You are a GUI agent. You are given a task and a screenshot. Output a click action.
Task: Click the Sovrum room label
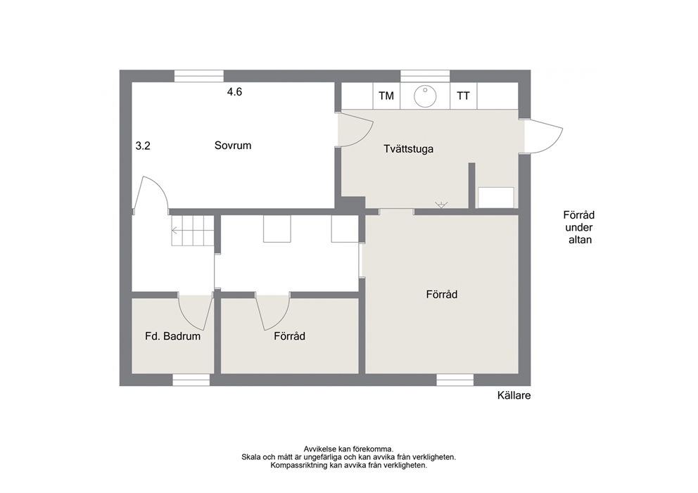[233, 146]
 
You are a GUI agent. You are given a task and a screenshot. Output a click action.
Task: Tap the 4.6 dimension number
[234, 91]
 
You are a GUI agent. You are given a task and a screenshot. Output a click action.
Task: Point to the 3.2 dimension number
[143, 146]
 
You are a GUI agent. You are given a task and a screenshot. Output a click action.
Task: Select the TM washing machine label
[386, 96]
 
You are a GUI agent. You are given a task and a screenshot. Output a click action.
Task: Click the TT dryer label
[464, 96]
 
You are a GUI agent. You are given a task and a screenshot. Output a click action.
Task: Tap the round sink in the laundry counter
[425, 96]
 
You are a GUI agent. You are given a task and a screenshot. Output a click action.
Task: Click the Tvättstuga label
[409, 148]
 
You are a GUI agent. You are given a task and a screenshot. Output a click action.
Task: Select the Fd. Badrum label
[172, 336]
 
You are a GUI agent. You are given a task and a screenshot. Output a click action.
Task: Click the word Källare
[514, 395]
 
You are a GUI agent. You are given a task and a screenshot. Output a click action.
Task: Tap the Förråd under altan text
[579, 227]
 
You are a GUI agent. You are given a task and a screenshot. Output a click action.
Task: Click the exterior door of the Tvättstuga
[543, 136]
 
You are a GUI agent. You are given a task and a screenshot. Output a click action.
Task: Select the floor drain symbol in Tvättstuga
[440, 205]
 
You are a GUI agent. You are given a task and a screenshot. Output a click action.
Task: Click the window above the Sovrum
[198, 76]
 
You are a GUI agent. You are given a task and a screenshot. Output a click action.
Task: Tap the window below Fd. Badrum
[191, 380]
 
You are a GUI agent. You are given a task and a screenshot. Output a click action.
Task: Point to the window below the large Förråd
[455, 380]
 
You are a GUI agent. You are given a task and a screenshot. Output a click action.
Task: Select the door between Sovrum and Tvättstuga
[355, 129]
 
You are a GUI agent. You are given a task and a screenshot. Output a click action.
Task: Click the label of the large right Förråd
[442, 294]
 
